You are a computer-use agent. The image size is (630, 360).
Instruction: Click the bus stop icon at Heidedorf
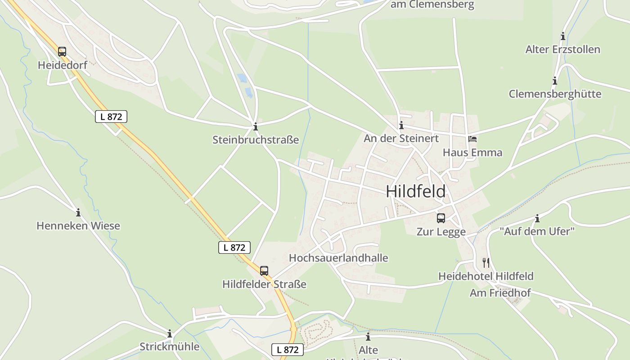[x=62, y=52]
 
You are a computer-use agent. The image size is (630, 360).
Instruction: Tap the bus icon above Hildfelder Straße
[x=264, y=271]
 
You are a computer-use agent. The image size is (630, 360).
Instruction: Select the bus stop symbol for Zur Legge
[x=441, y=218]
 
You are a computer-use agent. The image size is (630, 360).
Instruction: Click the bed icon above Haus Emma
[x=472, y=139]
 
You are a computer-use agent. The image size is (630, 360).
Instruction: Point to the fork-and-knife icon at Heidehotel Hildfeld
[x=486, y=262]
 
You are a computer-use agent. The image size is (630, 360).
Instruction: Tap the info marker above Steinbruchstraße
[x=256, y=126]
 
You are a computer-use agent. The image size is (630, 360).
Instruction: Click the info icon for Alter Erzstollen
[x=563, y=36]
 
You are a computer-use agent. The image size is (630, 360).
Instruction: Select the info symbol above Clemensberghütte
[x=555, y=81]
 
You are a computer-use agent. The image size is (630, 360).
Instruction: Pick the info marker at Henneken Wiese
[x=78, y=212]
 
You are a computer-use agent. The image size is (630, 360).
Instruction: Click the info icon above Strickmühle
[x=170, y=333]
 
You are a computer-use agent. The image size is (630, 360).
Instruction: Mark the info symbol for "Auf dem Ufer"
[x=537, y=219]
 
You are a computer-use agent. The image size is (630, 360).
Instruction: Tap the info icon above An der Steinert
[x=401, y=125]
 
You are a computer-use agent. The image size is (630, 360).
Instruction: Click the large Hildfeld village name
[x=416, y=191]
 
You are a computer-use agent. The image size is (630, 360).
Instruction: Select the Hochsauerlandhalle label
[x=338, y=258]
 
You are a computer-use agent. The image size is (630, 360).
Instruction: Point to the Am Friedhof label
[x=500, y=293]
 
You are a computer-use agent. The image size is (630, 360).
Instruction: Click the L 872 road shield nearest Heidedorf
[x=111, y=117]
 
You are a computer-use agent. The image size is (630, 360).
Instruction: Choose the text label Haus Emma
[x=472, y=153]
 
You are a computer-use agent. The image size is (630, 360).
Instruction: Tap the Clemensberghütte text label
[x=555, y=94]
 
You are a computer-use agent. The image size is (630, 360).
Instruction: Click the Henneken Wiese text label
[x=78, y=225]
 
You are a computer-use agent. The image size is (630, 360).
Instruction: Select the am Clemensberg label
[x=432, y=5]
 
